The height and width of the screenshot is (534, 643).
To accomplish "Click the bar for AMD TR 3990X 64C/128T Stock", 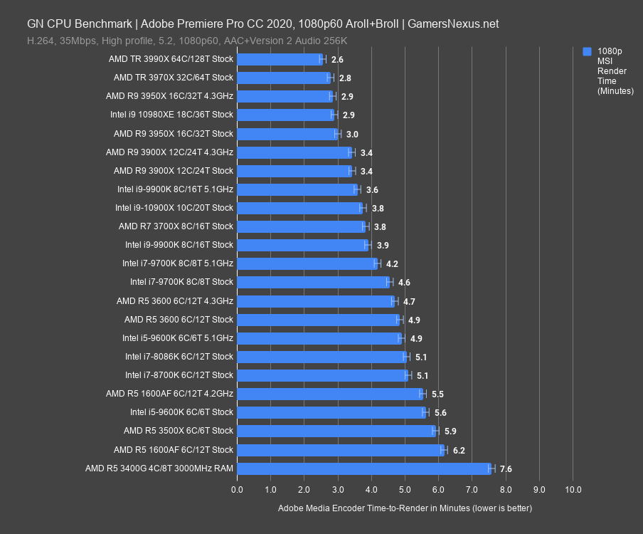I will tap(280, 59).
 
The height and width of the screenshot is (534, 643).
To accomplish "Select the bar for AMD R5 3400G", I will tap(363, 468).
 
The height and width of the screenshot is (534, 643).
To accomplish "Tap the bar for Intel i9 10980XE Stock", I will tap(285, 115).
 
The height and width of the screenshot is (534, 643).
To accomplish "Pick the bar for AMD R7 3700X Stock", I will tap(301, 226).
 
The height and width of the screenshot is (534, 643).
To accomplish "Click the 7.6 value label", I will tap(506, 468).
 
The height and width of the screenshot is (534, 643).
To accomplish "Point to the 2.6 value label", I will tap(337, 59).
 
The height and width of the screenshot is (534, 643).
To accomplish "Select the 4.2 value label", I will tap(391, 263).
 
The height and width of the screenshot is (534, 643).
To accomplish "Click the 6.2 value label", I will tap(459, 450).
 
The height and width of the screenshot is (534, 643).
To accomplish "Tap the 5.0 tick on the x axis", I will tap(405, 490).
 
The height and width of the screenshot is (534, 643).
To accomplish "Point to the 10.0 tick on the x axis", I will tap(573, 490).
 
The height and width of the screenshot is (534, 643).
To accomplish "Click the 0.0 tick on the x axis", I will tap(237, 490).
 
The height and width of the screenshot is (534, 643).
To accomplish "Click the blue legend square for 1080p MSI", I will tap(587, 51).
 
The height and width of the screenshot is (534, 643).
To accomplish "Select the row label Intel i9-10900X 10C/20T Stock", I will tap(174, 208).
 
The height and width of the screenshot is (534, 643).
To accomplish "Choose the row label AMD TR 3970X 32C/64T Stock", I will tap(173, 78).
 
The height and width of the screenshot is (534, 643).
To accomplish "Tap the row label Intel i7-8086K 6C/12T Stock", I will tap(179, 357).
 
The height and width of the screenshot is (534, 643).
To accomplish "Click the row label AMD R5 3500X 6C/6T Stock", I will tap(179, 431).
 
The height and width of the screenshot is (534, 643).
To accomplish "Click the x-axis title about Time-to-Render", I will tap(405, 508).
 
